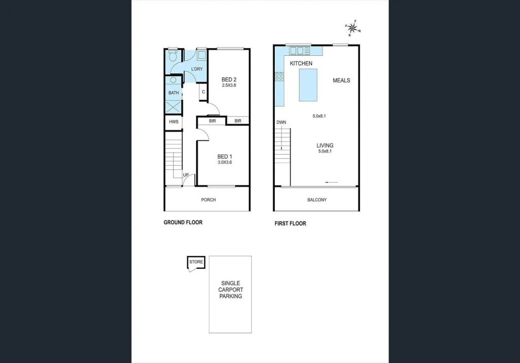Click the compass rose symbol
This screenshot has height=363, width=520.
[x=353, y=28]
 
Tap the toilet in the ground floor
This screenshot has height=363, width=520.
[x=173, y=56]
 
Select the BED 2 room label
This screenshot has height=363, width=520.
[x=229, y=80]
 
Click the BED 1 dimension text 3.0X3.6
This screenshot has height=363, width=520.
[x=224, y=162]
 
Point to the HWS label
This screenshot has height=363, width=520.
[x=174, y=122]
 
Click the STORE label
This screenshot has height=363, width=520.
[x=196, y=262]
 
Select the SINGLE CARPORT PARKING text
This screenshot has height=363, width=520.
[x=231, y=289]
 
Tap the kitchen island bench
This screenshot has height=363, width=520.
[x=308, y=85]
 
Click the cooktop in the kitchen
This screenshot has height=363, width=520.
[x=279, y=77]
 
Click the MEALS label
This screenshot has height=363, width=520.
[x=341, y=80]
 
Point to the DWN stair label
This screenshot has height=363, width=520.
[x=281, y=122]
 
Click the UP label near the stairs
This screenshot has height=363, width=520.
[x=186, y=175]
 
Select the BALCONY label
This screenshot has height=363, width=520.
[x=317, y=200]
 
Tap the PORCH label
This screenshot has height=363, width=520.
[x=208, y=200]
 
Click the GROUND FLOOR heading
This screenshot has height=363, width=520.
[x=183, y=222]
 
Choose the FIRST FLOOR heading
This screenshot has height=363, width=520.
[x=290, y=224]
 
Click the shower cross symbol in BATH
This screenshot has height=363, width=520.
[x=174, y=107]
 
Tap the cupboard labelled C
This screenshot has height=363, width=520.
[x=203, y=92]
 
